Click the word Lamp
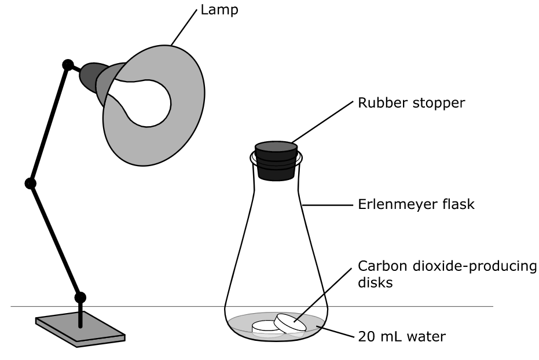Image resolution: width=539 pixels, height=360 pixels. pyautogui.click(x=219, y=10)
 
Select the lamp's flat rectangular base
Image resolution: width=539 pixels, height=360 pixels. pyautogui.click(x=80, y=329)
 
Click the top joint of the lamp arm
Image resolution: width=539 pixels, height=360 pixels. pyautogui.click(x=68, y=65)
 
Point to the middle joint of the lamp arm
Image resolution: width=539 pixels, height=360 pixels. pyautogui.click(x=31, y=183)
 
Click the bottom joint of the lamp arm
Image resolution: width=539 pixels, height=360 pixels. pyautogui.click(x=80, y=297)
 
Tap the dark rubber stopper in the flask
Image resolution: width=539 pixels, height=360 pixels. pyautogui.click(x=276, y=161)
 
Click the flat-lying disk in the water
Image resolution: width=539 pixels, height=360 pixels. pyautogui.click(x=266, y=327)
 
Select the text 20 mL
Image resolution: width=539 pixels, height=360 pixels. pyautogui.click(x=375, y=337)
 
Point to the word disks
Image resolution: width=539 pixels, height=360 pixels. pyautogui.click(x=375, y=282)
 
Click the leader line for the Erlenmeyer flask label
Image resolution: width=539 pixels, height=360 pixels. pyautogui.click(x=328, y=205)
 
